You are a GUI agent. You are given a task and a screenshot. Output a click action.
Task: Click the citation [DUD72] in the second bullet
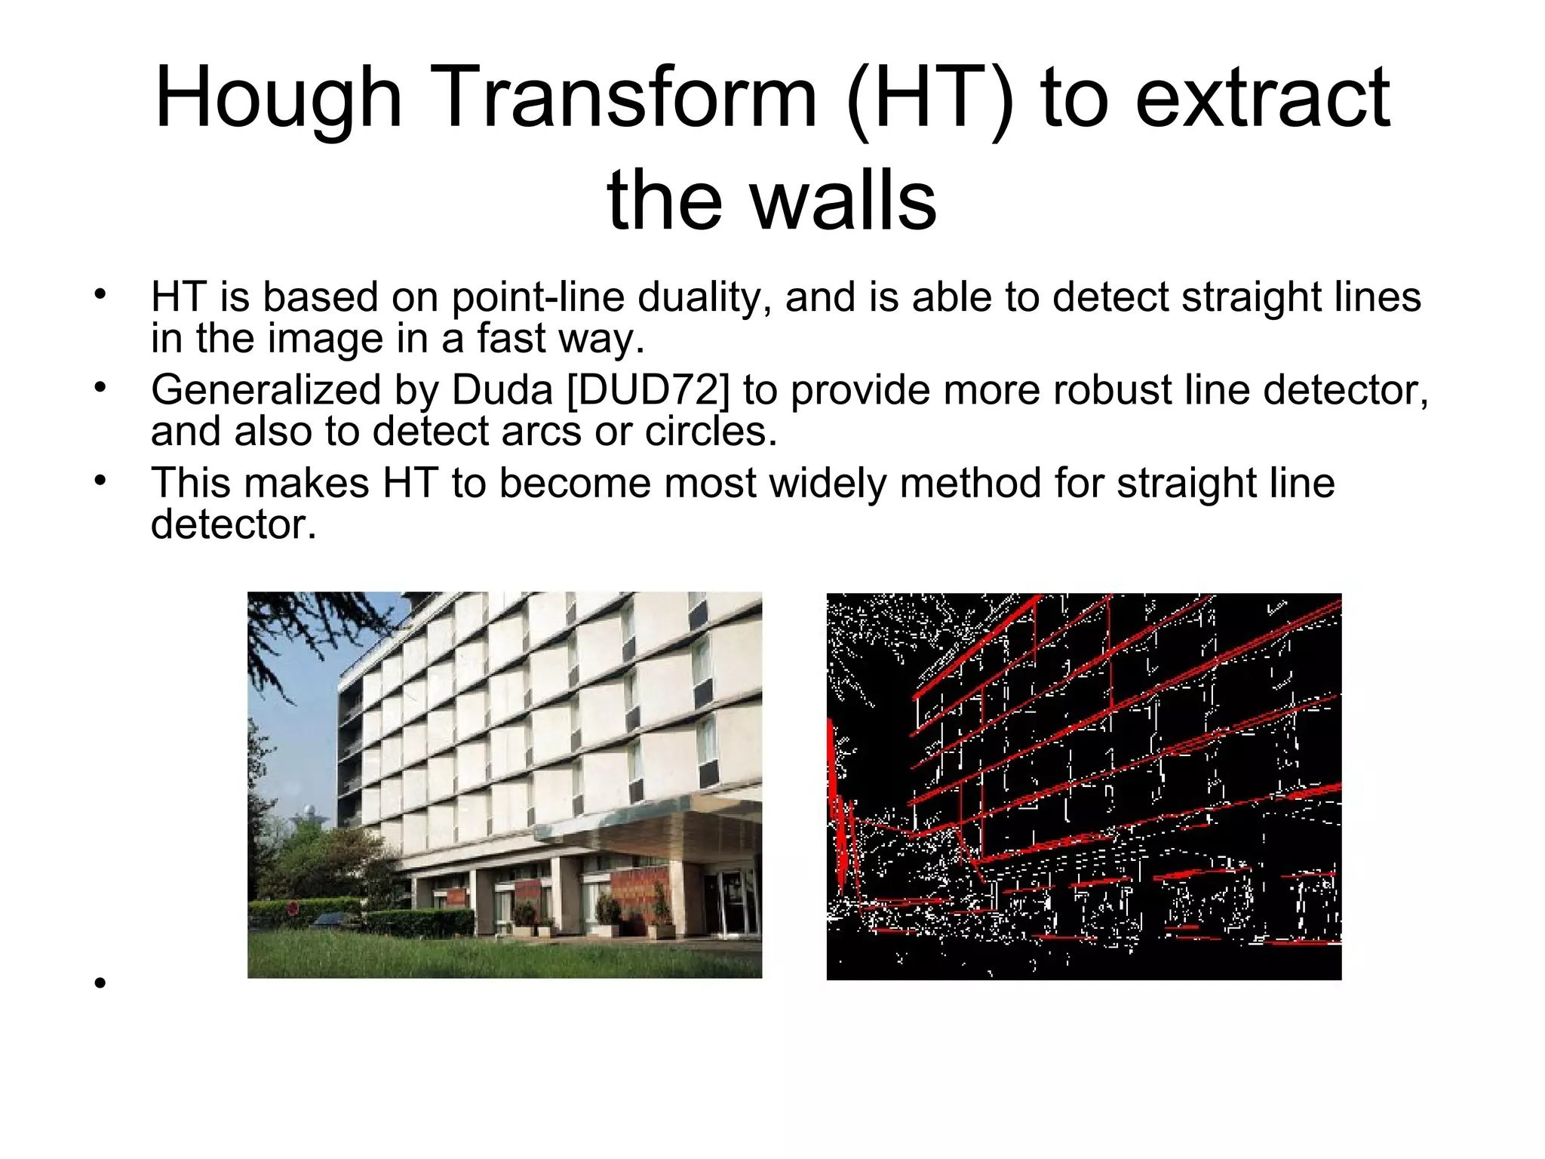pyautogui.click(x=648, y=391)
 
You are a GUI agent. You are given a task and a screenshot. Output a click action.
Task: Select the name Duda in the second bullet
pyautogui.click(x=502, y=391)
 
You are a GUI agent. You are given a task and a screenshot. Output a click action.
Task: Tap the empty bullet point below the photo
pyautogui.click(x=99, y=983)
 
